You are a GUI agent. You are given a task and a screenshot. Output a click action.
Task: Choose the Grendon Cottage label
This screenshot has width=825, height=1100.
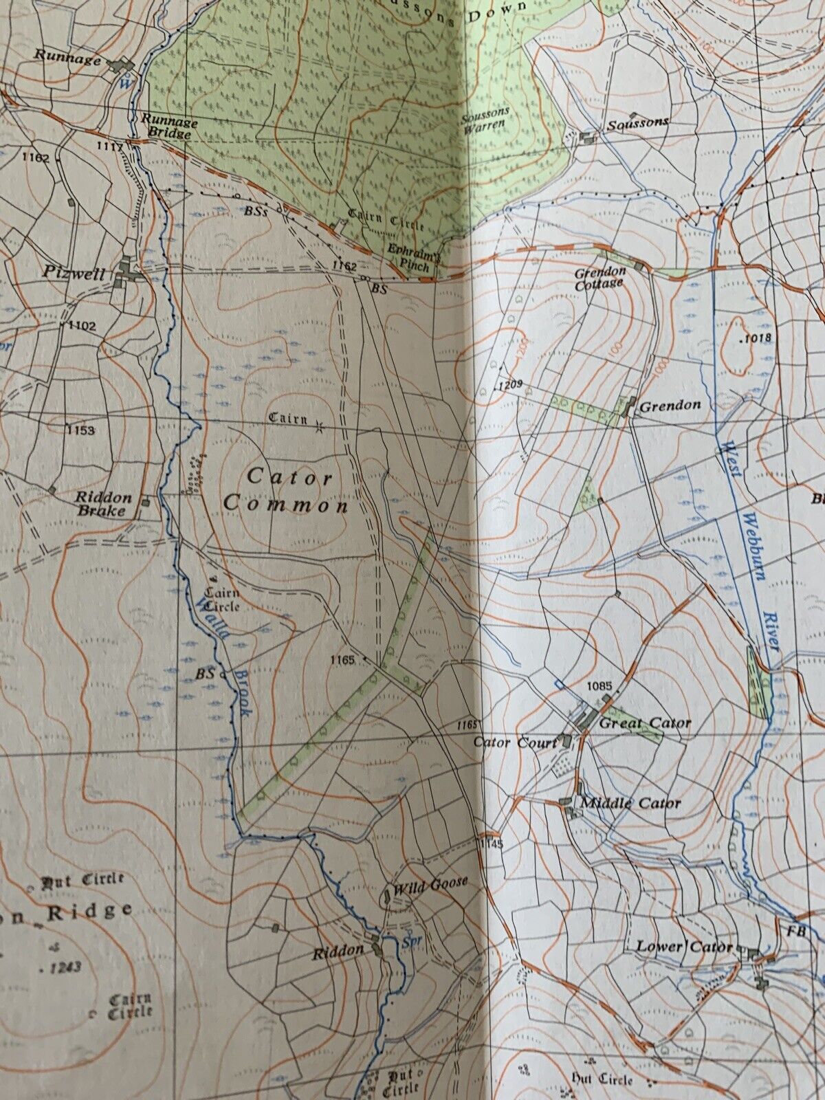pos(600,276)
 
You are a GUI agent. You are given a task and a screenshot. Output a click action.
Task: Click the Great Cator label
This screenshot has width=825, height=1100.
pos(645,723)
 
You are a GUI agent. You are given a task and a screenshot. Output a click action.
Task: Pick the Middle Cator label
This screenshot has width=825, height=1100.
pos(630,803)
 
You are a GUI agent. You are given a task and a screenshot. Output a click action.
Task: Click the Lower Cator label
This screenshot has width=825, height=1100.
pos(683,947)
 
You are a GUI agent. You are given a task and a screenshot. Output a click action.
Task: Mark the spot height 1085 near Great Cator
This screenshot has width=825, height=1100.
pos(599,685)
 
